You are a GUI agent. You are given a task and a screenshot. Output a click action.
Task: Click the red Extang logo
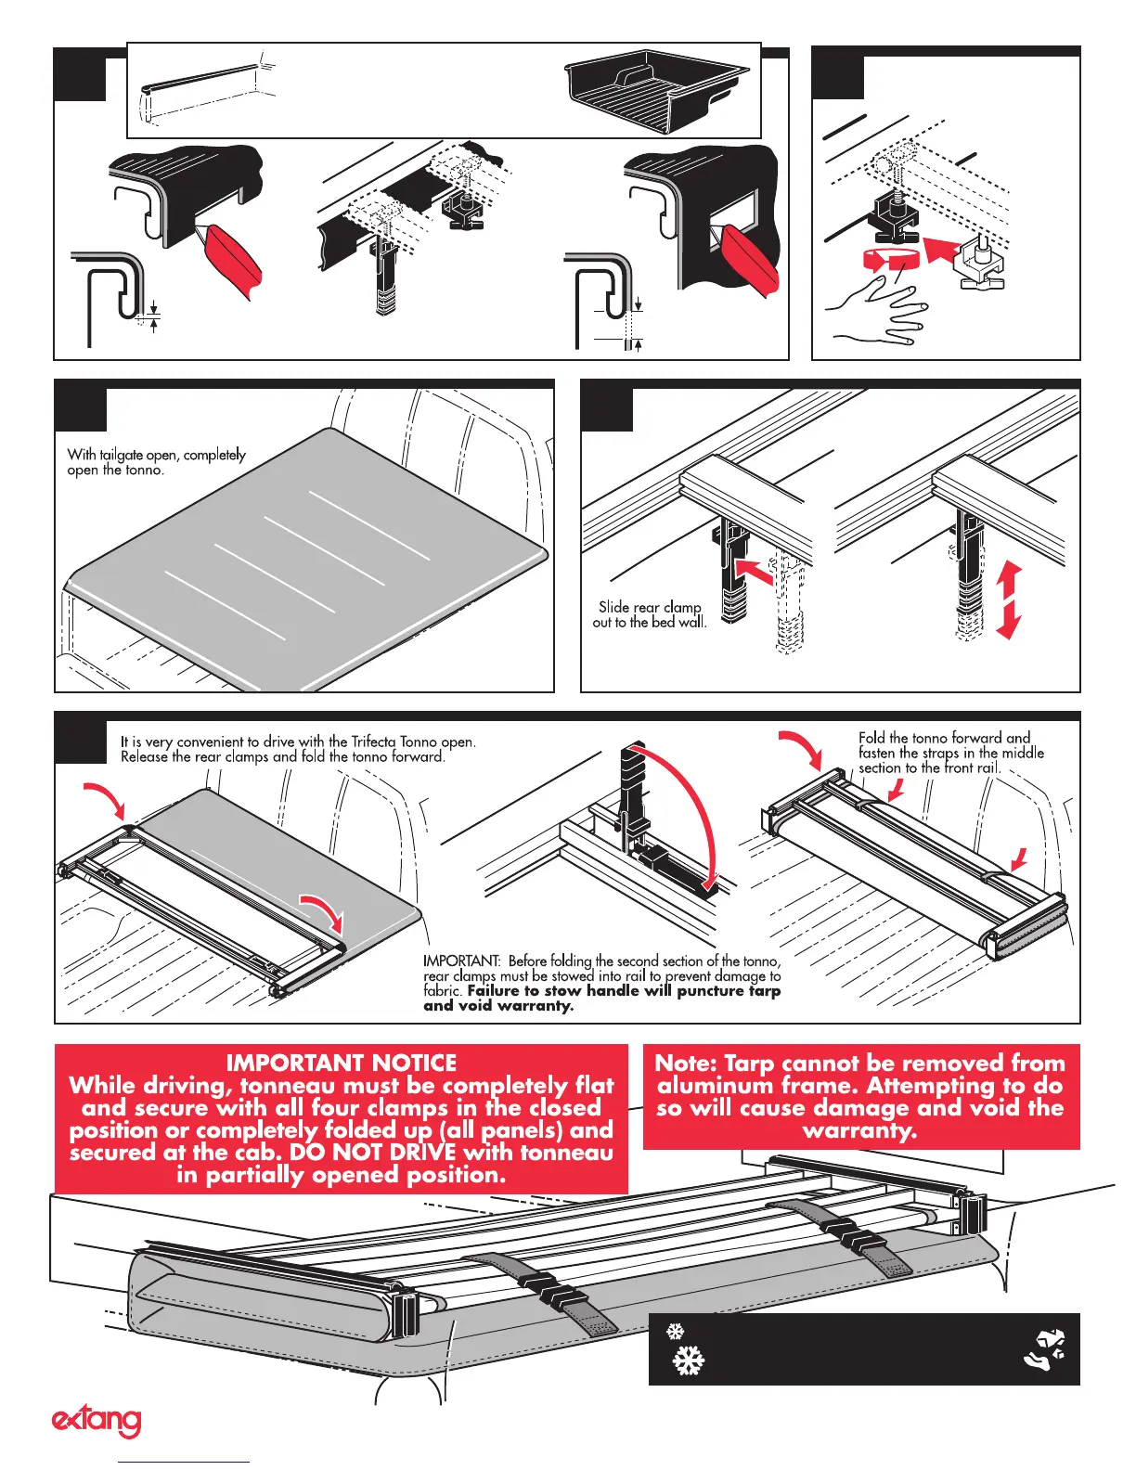(96, 1421)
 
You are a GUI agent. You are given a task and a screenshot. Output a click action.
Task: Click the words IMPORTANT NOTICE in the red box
(341, 1063)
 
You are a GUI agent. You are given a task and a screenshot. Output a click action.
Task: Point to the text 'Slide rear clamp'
(649, 607)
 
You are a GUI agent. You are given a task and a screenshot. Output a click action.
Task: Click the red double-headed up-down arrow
(1009, 600)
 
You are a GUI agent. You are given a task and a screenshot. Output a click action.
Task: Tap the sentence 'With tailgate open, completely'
(156, 455)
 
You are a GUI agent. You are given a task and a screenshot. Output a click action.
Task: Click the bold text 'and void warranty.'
(498, 1005)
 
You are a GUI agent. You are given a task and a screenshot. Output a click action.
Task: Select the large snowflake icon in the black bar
(688, 1361)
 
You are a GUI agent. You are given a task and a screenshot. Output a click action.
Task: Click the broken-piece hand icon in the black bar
(1046, 1349)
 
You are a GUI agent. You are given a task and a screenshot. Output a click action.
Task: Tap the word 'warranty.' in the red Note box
(860, 1130)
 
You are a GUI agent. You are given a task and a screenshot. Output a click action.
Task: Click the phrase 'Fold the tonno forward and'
(944, 738)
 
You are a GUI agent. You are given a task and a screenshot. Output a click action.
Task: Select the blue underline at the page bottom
(185, 1462)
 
